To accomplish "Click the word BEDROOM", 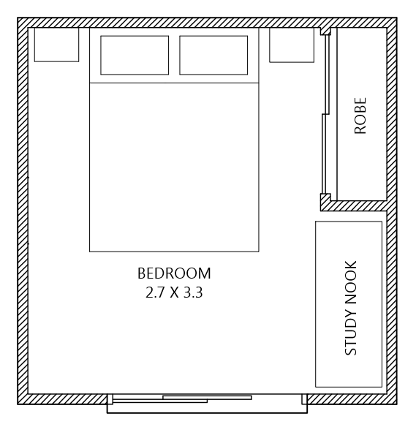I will pyautogui.click(x=174, y=273).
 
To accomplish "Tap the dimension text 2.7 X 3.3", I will pyautogui.click(x=174, y=292).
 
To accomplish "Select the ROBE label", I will pyautogui.click(x=360, y=116).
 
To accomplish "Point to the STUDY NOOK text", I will pyautogui.click(x=351, y=308).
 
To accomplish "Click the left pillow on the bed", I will pyautogui.click(x=135, y=55).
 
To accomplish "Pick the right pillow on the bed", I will pyautogui.click(x=213, y=55).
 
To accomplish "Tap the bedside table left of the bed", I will pyautogui.click(x=56, y=45).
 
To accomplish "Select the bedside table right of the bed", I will pyautogui.click(x=292, y=45).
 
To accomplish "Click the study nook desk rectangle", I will pyautogui.click(x=349, y=303).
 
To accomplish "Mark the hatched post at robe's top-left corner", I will pyautogui.click(x=325, y=31).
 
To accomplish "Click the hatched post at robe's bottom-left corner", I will pyautogui.click(x=325, y=201).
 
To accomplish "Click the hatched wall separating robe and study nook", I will pyautogui.click(x=358, y=205).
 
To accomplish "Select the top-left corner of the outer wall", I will pyautogui.click(x=23, y=23).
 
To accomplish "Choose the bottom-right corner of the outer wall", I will pyautogui.click(x=392, y=399).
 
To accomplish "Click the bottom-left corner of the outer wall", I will pyautogui.click(x=23, y=399).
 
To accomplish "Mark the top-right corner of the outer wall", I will pyautogui.click(x=392, y=23).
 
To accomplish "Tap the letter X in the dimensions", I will pyautogui.click(x=174, y=292).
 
